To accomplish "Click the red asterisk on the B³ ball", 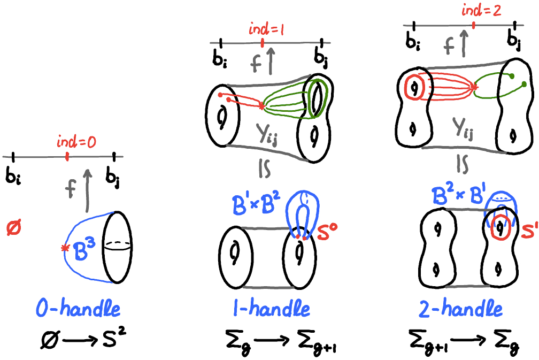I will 65,248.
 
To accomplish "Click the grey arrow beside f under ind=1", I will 272,60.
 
